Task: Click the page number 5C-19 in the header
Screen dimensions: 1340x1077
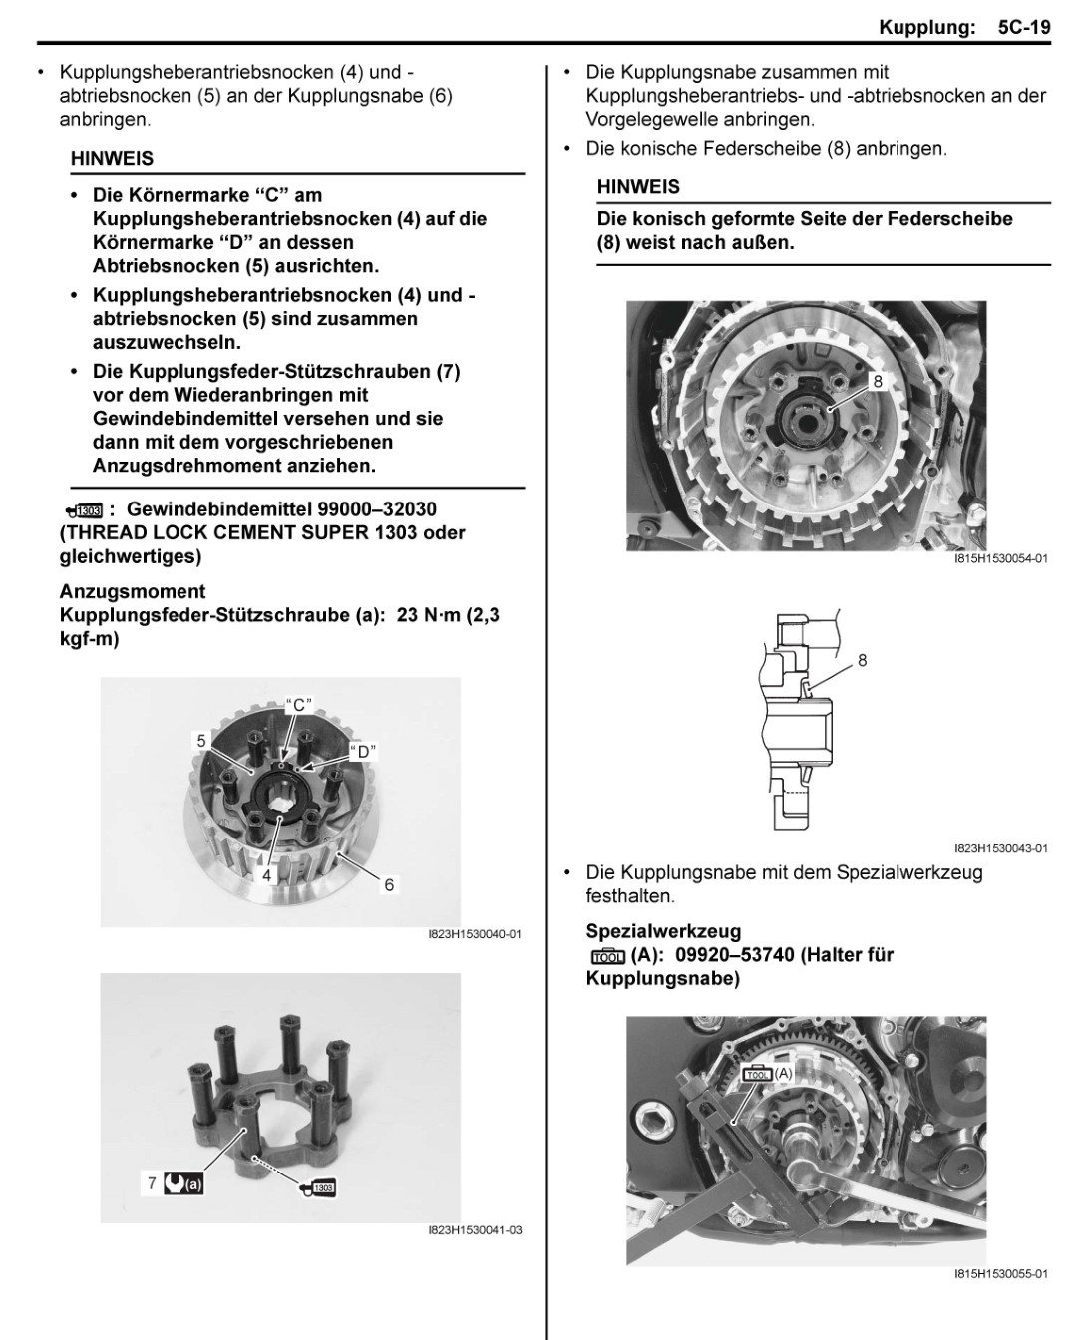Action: pos(1024,27)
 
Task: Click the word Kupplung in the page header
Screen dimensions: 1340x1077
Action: pos(926,27)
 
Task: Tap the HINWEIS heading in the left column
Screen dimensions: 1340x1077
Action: pos(112,159)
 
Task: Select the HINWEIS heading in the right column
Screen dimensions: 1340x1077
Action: pos(638,187)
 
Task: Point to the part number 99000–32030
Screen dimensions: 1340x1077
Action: pos(383,509)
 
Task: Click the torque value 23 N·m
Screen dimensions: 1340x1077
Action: pos(432,615)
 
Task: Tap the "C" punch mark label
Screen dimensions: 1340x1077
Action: pos(299,704)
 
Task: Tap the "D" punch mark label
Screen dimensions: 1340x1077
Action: pos(364,752)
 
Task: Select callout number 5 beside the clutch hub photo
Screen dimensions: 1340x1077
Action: pos(201,741)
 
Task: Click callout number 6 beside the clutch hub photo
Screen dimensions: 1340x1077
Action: pos(390,884)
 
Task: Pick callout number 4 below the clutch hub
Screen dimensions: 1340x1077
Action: pos(267,875)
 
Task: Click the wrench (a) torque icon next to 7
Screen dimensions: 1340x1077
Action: pos(186,1184)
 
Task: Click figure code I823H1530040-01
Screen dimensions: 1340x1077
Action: pos(475,934)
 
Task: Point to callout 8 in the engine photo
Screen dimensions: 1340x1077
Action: pos(878,382)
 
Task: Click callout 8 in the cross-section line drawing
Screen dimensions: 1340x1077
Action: pos(863,660)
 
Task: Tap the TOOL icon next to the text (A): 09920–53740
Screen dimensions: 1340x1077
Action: pos(607,956)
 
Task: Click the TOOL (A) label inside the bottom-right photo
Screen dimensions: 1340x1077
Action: pos(769,1074)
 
